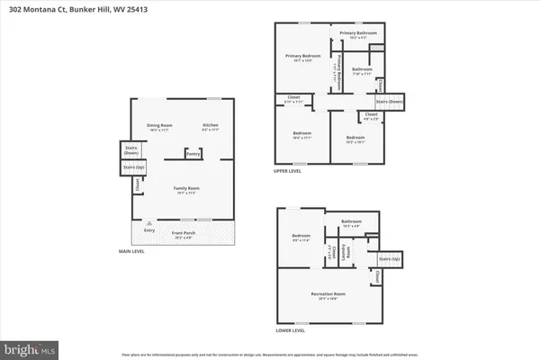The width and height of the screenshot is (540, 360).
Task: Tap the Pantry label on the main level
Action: (193, 154)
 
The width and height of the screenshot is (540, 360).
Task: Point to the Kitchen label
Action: (210, 125)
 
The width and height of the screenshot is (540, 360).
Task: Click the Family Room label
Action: (186, 188)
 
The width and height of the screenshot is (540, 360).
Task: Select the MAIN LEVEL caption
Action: (131, 251)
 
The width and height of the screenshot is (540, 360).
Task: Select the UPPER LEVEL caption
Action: (289, 170)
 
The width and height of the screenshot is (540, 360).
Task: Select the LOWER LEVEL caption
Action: (290, 330)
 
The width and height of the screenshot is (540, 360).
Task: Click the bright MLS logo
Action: (29, 346)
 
